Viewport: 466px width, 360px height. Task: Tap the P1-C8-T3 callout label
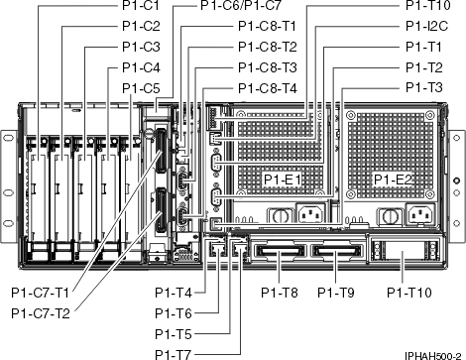point(266,67)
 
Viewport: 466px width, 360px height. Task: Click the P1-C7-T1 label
point(41,293)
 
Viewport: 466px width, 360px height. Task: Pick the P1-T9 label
point(337,293)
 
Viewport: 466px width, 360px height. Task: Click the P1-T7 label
point(175,353)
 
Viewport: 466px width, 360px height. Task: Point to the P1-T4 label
point(175,293)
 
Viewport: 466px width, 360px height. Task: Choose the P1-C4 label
point(141,67)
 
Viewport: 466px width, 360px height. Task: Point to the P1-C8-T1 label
point(266,26)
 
